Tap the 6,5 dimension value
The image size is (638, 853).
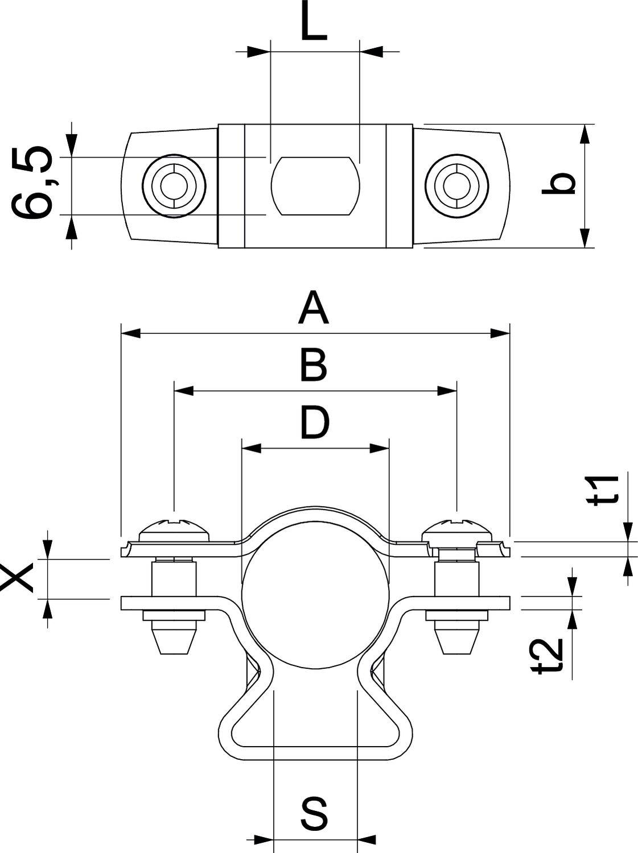(32, 183)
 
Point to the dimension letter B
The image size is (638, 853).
(314, 365)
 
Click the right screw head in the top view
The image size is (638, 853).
(456, 185)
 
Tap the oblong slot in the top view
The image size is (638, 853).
(316, 186)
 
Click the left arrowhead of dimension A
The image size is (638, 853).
(131, 333)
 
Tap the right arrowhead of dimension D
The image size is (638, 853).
(380, 449)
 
